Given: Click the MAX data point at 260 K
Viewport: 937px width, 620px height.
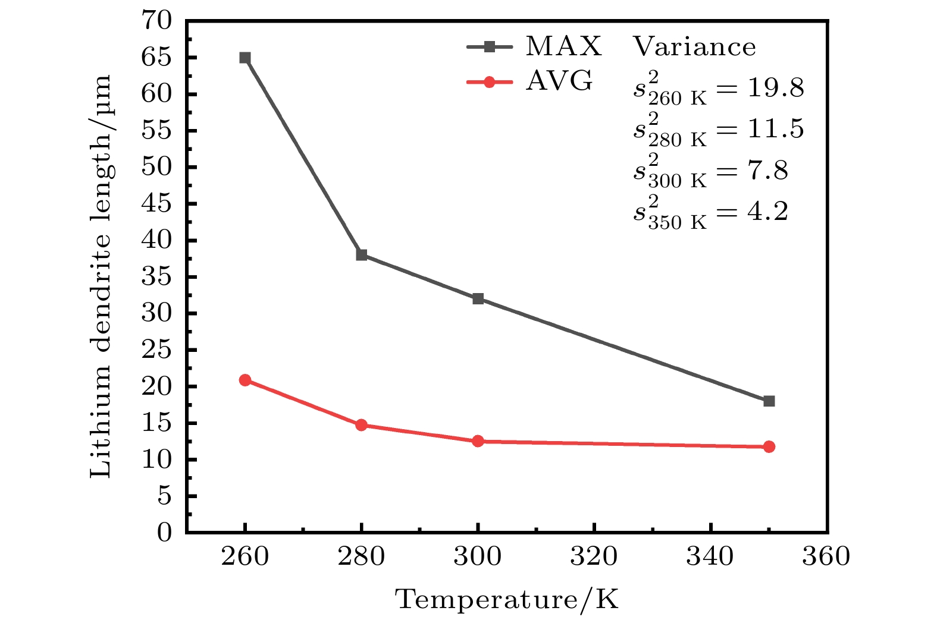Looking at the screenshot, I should pyautogui.click(x=245, y=58).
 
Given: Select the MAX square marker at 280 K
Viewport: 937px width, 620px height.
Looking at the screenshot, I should pyautogui.click(x=361, y=255).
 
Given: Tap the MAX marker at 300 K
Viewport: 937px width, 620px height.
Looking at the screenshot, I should pyautogui.click(x=478, y=298).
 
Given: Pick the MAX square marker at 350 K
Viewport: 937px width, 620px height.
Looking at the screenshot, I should pyautogui.click(x=769, y=401).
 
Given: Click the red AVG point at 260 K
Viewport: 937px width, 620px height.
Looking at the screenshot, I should pyautogui.click(x=245, y=380).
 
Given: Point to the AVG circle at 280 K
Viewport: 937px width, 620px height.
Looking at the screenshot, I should pyautogui.click(x=361, y=424).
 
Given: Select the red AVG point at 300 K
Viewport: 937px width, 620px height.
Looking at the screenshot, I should pyautogui.click(x=478, y=441).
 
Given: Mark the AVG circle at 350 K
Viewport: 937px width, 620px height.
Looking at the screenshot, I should pyautogui.click(x=769, y=446).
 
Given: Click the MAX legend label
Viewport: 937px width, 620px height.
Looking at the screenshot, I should pyautogui.click(x=563, y=46).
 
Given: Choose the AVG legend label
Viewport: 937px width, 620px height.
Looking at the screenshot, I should pyautogui.click(x=559, y=81).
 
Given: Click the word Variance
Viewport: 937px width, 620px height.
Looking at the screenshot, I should pyautogui.click(x=694, y=46).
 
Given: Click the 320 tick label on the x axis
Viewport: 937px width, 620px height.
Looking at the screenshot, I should pyautogui.click(x=594, y=557).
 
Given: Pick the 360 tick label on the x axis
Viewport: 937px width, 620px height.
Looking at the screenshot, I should pyautogui.click(x=826, y=557).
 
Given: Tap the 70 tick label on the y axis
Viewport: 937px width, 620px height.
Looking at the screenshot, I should pyautogui.click(x=156, y=21).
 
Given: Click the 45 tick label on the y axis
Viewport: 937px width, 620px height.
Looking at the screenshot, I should pyautogui.click(x=156, y=204).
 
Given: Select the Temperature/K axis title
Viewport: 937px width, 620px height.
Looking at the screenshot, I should pyautogui.click(x=507, y=599).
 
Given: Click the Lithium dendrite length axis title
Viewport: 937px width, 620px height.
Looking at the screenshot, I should pyautogui.click(x=101, y=276).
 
